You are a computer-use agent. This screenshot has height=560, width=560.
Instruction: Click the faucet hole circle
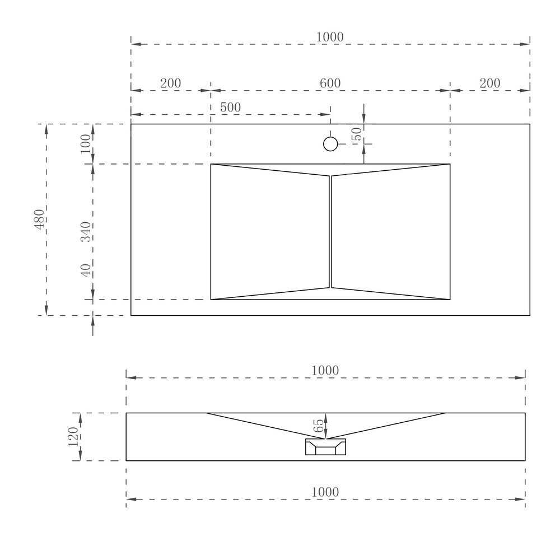(330, 144)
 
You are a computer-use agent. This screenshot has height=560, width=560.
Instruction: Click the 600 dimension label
(330, 83)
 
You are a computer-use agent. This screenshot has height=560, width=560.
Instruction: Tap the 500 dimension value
(230, 107)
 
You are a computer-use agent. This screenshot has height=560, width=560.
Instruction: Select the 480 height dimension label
(39, 220)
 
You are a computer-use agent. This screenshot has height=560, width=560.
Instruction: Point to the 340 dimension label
(86, 232)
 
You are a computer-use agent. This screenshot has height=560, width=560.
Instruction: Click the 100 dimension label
(86, 143)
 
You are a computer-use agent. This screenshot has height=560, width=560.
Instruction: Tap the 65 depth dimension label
(318, 426)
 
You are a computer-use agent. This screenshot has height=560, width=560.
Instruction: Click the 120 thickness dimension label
(73, 436)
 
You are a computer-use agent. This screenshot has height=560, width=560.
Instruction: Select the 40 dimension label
(86, 270)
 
